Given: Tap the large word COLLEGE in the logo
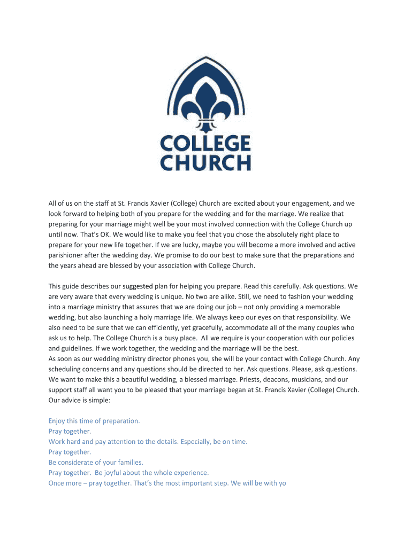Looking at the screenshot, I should pos(206,143).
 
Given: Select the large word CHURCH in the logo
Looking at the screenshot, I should pos(206,162).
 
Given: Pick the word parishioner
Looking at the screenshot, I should pos(67,255).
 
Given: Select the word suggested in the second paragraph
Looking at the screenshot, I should pos(138,286).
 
